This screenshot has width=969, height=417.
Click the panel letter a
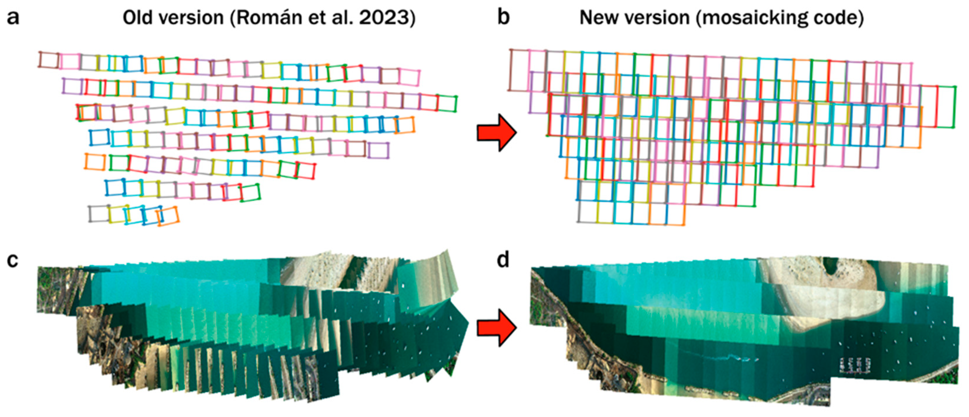click(x=13, y=18)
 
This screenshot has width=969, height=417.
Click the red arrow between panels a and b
click(x=497, y=133)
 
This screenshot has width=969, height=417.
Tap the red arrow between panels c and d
click(x=497, y=328)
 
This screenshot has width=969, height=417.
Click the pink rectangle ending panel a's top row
click(x=409, y=77)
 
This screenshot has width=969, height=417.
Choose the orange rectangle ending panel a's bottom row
click(x=168, y=216)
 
